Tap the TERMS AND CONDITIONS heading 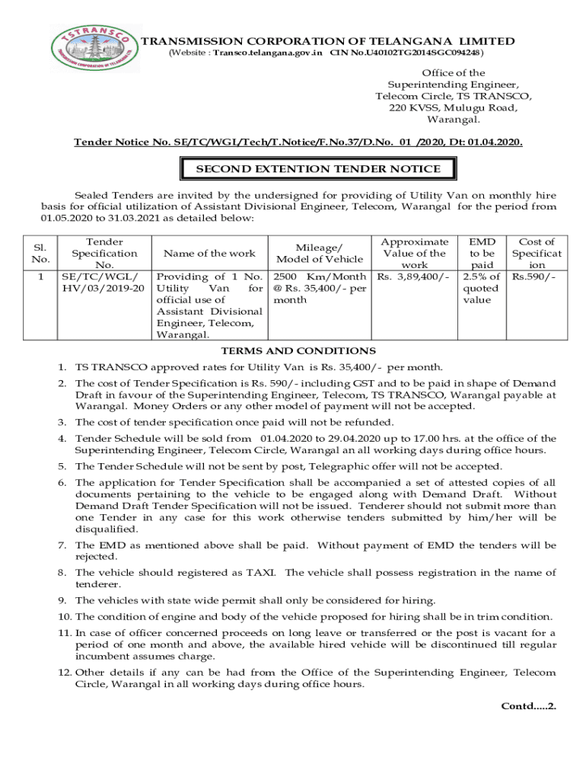[298, 351]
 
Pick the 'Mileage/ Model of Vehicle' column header [318, 254]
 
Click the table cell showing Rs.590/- [533, 277]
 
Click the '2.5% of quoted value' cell [480, 288]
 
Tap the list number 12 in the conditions [64, 673]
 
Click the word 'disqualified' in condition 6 [107, 529]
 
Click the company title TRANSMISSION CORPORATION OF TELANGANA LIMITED [329, 41]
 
